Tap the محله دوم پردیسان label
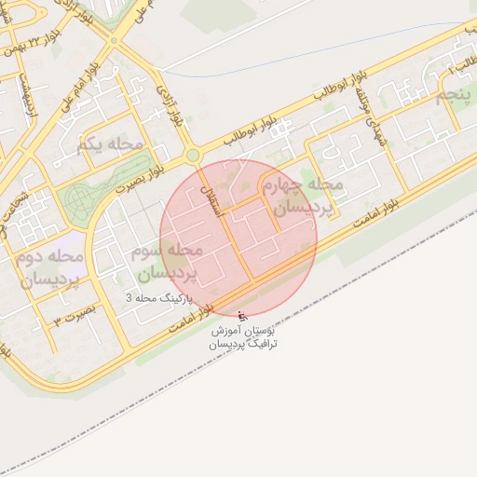pyautogui.click(x=50, y=268)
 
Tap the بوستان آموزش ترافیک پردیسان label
pyautogui.click(x=243, y=337)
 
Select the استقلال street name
pyautogui.click(x=220, y=198)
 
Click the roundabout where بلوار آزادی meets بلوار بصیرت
pyautogui.click(x=192, y=156)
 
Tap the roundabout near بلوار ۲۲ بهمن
pyautogui.click(x=114, y=41)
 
